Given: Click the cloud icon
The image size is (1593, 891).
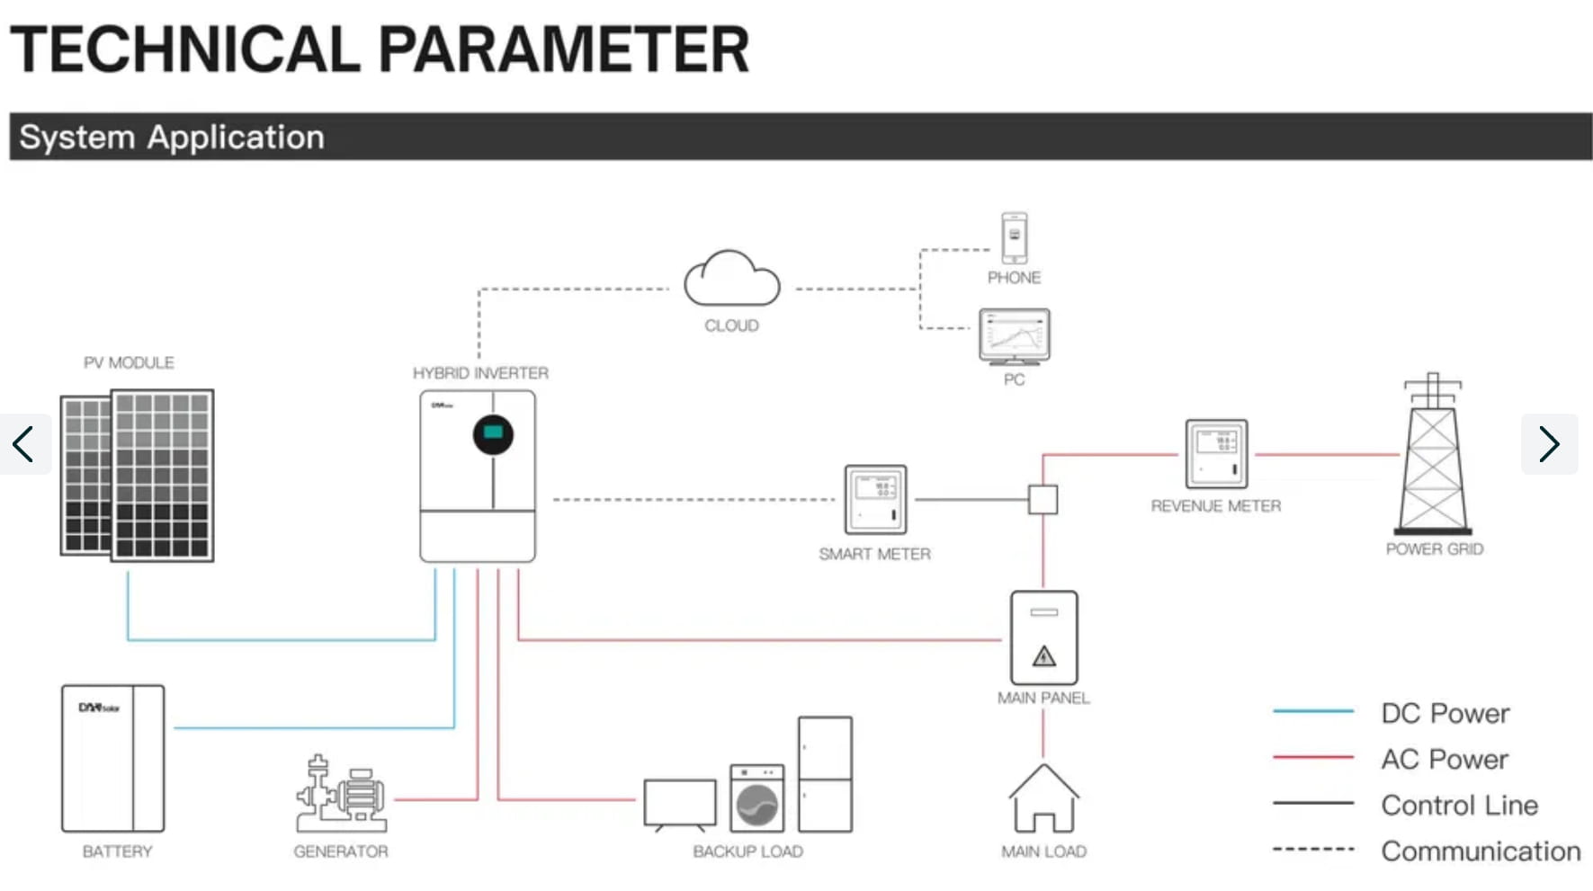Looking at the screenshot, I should click(731, 281).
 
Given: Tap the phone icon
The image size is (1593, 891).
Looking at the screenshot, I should click(1014, 238).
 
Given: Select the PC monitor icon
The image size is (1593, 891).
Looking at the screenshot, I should click(1014, 336).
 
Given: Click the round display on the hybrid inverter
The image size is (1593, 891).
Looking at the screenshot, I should click(493, 434).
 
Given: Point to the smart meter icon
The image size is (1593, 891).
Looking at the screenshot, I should click(875, 500).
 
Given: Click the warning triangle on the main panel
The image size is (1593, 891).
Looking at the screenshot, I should click(1043, 656).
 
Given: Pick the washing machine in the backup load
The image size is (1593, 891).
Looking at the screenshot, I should click(756, 798).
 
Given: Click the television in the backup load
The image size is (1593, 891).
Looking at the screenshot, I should click(680, 804).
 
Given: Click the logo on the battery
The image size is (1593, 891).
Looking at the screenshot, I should click(98, 708).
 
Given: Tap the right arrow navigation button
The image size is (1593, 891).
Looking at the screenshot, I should click(1549, 443).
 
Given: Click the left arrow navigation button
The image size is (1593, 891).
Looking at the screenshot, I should click(24, 443).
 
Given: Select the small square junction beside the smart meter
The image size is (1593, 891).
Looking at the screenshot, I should click(1043, 500).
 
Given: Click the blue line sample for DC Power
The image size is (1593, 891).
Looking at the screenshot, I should click(1313, 711).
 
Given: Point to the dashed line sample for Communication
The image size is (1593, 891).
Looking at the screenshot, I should click(1313, 849).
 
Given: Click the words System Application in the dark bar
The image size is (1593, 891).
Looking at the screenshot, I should click(172, 138).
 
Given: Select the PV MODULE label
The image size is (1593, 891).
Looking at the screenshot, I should click(129, 363).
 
